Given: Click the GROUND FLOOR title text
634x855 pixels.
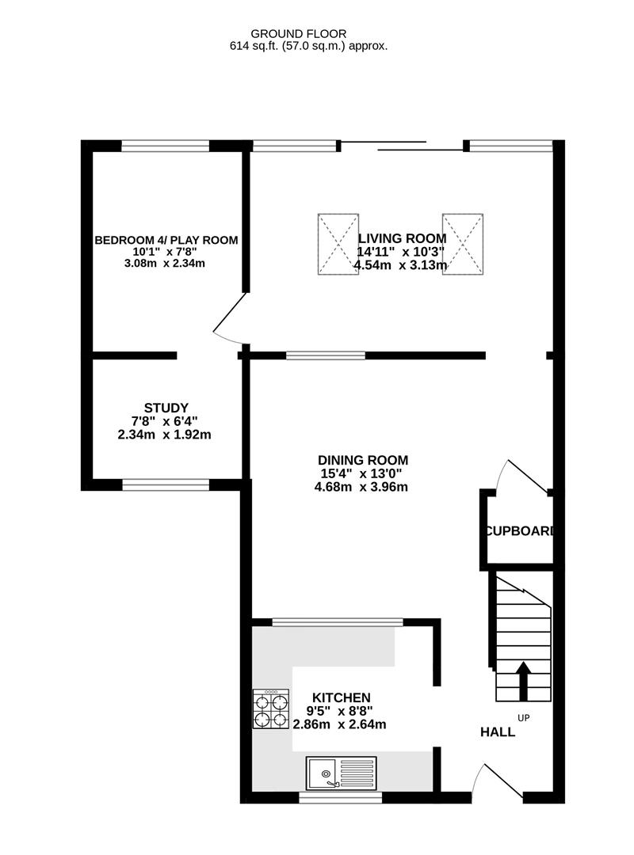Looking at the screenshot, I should click(299, 33).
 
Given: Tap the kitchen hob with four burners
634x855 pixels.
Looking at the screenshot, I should click(271, 709).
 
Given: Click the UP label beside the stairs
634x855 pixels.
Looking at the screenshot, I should click(523, 718).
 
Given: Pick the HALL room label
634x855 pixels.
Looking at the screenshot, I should click(498, 732).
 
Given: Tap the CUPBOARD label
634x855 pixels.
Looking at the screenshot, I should click(519, 531).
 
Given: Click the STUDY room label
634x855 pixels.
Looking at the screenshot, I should click(166, 408).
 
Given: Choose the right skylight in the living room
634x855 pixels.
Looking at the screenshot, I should click(463, 244).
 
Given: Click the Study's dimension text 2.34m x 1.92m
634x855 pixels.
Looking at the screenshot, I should click(166, 435).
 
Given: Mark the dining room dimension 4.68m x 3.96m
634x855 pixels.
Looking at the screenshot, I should click(362, 487).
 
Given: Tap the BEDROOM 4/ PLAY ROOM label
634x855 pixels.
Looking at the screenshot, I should click(166, 240).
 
